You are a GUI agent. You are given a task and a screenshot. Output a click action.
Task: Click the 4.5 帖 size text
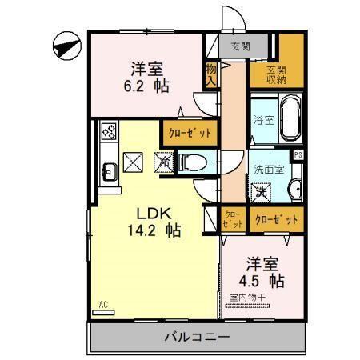coord(262,282)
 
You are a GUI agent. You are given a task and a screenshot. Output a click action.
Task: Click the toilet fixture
coord(192,162)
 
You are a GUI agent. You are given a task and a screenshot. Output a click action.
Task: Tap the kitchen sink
coord(109,168)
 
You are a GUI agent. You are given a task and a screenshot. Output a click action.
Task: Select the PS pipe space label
coord(298,156)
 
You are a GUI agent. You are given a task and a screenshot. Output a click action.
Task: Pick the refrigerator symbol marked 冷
coord(164,162)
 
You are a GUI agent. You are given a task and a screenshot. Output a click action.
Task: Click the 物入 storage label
coord(211,76)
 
